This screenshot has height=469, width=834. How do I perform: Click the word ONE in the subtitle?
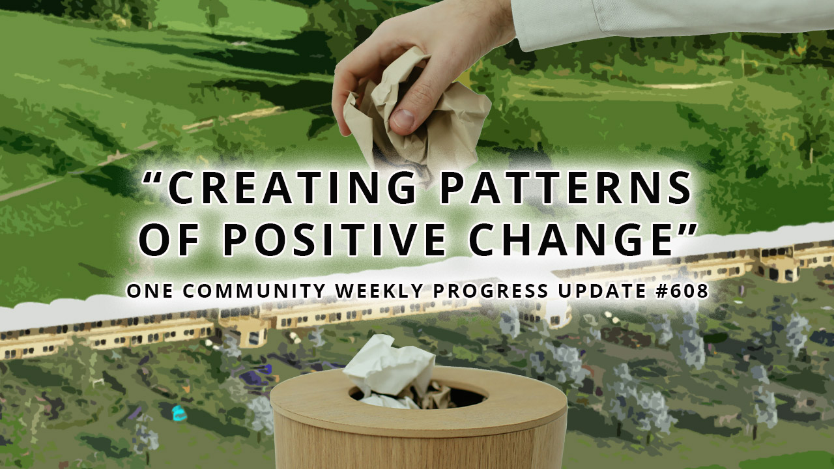[149, 291]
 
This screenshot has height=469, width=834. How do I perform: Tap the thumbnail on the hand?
[402, 119]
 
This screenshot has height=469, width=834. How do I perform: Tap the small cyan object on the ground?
[178, 412]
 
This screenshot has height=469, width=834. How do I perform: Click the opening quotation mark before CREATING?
[154, 178]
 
